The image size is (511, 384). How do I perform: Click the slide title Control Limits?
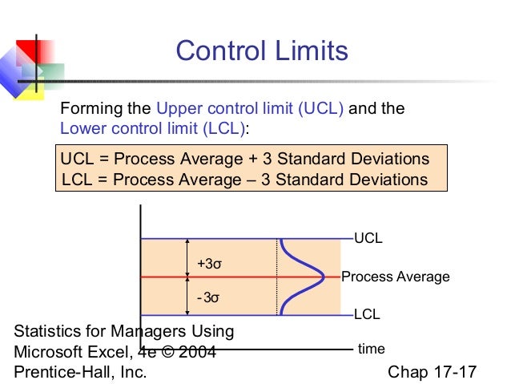click(x=262, y=51)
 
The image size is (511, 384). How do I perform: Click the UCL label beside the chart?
click(x=368, y=239)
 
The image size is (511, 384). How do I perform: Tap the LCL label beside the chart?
click(x=367, y=315)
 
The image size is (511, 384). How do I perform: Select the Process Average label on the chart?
click(x=395, y=277)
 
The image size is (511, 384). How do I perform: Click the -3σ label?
click(x=207, y=297)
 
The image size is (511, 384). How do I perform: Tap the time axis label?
click(x=371, y=349)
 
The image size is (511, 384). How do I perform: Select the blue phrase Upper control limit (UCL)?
click(x=250, y=109)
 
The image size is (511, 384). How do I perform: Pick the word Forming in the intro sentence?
click(x=88, y=109)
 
